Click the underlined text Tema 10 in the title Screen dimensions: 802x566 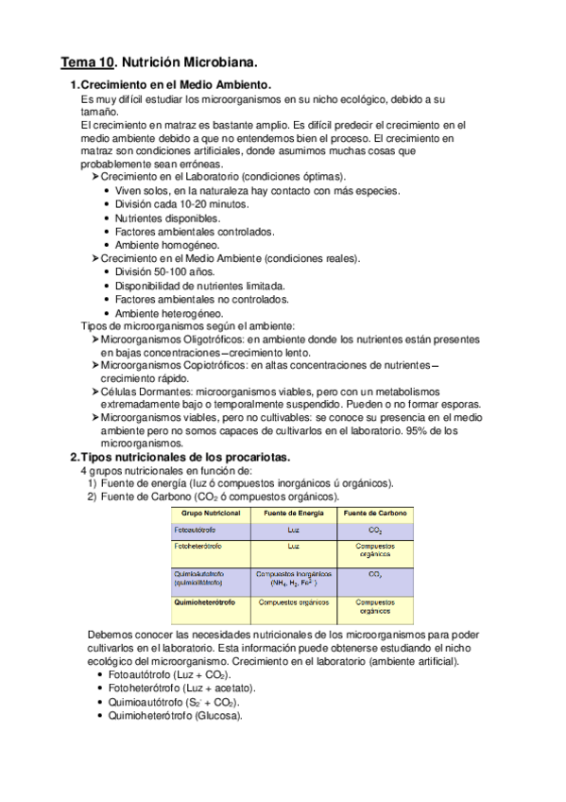coord(86,64)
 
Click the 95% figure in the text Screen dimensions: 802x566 coord(418,430)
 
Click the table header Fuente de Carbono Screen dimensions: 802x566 coord(374,513)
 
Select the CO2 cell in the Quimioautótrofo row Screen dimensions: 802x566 coord(374,574)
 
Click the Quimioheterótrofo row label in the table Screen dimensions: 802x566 coord(205,601)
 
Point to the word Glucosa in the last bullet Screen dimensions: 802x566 coord(217,715)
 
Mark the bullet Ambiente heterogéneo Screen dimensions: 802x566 coord(168,313)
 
